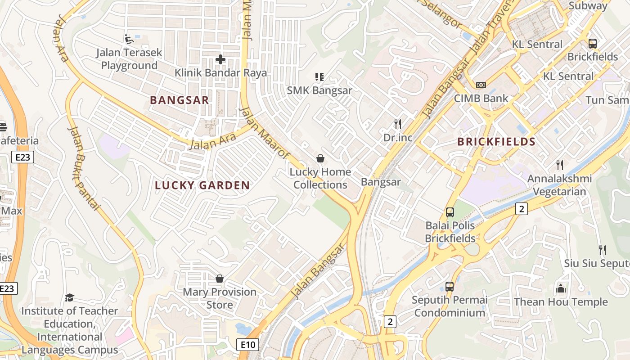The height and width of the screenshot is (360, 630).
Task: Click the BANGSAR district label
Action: tap(179, 100)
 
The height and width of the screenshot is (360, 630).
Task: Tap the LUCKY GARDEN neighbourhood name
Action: tap(202, 185)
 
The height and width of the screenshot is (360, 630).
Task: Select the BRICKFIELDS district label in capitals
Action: tap(496, 142)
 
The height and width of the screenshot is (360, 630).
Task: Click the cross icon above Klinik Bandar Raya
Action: tap(220, 59)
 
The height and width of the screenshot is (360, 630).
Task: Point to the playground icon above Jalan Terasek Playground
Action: tap(129, 39)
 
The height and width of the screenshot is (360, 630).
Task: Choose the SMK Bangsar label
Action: tap(319, 90)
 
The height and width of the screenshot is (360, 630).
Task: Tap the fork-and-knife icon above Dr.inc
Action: tap(398, 124)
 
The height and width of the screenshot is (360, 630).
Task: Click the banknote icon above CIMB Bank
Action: tap(481, 85)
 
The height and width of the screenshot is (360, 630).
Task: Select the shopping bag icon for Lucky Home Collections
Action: tap(320, 158)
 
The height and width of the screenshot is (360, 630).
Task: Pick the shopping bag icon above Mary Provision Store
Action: tap(220, 279)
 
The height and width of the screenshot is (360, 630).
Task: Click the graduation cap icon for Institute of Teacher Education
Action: tap(69, 297)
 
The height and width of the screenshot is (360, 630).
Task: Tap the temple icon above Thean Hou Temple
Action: tap(561, 288)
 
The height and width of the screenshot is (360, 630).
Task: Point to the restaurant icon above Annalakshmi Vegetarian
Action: tap(559, 165)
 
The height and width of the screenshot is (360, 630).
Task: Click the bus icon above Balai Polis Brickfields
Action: tap(450, 212)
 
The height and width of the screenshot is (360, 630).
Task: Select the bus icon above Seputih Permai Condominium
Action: tap(449, 286)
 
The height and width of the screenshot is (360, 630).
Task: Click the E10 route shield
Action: tap(247, 345)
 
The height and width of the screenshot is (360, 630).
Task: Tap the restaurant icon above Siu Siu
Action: tap(602, 250)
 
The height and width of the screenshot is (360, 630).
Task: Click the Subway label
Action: tap(588, 5)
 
